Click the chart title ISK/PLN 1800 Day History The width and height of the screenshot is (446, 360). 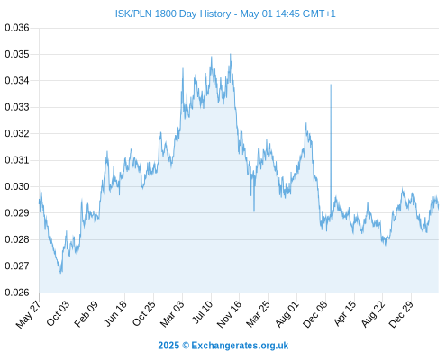pyautogui.click(x=173, y=13)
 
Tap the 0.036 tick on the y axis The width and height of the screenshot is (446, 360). pyautogui.click(x=17, y=28)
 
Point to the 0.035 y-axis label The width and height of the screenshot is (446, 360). pyautogui.click(x=17, y=54)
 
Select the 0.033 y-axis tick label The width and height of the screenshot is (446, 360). pyautogui.click(x=17, y=107)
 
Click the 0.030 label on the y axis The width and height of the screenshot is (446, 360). pyautogui.click(x=17, y=186)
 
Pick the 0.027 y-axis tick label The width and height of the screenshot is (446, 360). pyautogui.click(x=17, y=265)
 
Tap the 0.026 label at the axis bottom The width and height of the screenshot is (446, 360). pyautogui.click(x=17, y=292)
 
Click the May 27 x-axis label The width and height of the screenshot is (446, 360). pyautogui.click(x=28, y=314)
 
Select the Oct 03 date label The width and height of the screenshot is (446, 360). pyautogui.click(x=58, y=313)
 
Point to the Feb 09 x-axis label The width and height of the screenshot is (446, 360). pyautogui.click(x=86, y=313)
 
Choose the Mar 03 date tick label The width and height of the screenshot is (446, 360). pyautogui.click(x=171, y=314)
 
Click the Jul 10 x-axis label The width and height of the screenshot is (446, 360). pyautogui.click(x=202, y=312)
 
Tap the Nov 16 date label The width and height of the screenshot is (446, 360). pyautogui.click(x=229, y=314)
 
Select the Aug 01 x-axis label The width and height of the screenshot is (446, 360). pyautogui.click(x=287, y=314)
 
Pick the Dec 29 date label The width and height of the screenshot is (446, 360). pyautogui.click(x=401, y=314)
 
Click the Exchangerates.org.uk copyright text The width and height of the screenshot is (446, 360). pyautogui.click(x=223, y=346)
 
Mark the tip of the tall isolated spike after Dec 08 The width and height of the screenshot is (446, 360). pyautogui.click(x=331, y=85)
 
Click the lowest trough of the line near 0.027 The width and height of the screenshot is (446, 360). pyautogui.click(x=61, y=273)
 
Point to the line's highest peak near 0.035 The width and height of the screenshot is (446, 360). pyautogui.click(x=231, y=54)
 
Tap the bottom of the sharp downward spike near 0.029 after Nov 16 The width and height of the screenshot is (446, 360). pyautogui.click(x=254, y=211)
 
